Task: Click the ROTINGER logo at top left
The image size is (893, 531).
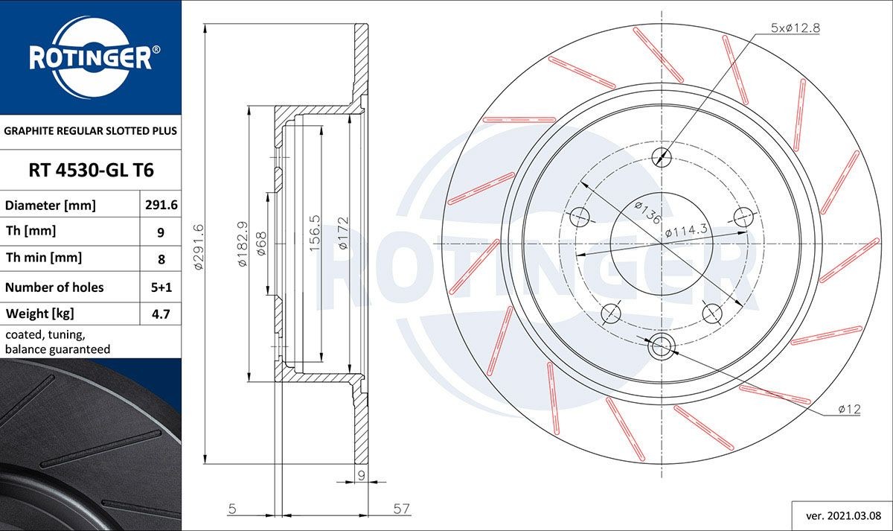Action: pyautogui.click(x=90, y=57)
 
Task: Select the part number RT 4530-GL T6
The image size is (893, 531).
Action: pyautogui.click(x=91, y=171)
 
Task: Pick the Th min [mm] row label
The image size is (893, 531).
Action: pyautogui.click(x=44, y=258)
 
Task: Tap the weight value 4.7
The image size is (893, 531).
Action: pyautogui.click(x=161, y=314)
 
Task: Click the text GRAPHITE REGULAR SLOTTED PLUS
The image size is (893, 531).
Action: pyautogui.click(x=91, y=130)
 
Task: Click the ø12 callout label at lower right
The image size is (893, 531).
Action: pyautogui.click(x=848, y=409)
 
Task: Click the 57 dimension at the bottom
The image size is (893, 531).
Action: pyautogui.click(x=402, y=509)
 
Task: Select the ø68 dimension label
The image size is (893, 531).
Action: pyautogui.click(x=261, y=243)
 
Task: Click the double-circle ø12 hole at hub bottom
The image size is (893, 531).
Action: pyautogui.click(x=660, y=346)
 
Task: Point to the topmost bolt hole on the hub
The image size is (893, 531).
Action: pyautogui.click(x=660, y=156)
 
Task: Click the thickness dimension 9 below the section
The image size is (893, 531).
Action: pyautogui.click(x=360, y=474)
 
